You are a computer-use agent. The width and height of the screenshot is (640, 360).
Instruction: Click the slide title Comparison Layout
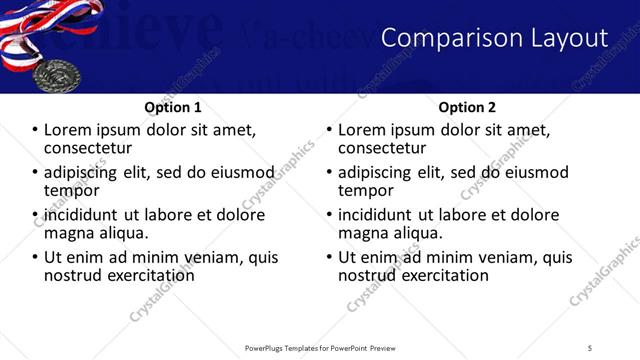pos(495,38)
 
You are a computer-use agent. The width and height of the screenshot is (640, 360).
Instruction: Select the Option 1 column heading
pos(173,107)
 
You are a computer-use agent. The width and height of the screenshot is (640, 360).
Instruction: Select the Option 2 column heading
pos(467,107)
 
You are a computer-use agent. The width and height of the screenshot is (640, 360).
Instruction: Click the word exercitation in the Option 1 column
pos(152,275)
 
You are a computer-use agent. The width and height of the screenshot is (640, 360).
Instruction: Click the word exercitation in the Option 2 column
pos(446,275)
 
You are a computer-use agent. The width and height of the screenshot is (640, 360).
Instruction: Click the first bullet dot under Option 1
pos(35,130)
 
